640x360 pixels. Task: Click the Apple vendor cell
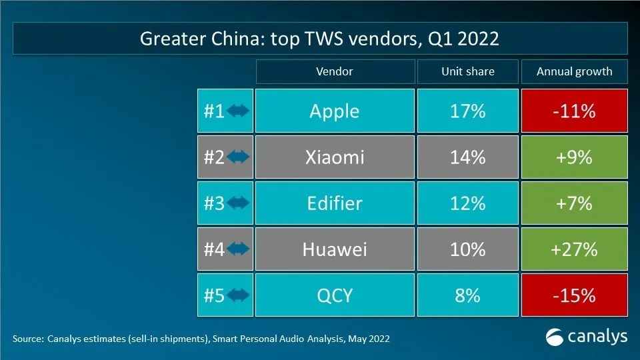[x=334, y=111]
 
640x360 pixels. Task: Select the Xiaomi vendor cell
[x=334, y=157]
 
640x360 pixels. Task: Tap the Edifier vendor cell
[x=334, y=203]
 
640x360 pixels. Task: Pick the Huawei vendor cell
[x=334, y=249]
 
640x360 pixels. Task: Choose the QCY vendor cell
[x=334, y=295]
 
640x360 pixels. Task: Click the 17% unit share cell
[x=467, y=111]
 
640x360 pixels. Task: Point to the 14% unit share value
[x=467, y=157]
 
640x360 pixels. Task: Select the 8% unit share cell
[x=467, y=295]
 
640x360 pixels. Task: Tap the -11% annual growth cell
[x=574, y=111]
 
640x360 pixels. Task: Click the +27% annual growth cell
[x=574, y=249]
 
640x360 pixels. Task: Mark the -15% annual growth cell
[x=574, y=295]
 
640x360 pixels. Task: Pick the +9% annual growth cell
[x=574, y=157]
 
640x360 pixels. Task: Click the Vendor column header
[x=334, y=71]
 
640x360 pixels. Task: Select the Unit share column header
[x=467, y=71]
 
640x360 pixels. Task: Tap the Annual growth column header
[x=574, y=71]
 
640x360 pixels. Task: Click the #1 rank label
[x=214, y=111]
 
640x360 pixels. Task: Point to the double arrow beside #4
[x=238, y=249]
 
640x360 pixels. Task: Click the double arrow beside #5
[x=238, y=295]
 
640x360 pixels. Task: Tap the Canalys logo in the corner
[x=587, y=337]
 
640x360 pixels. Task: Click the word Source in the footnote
[x=28, y=339]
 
